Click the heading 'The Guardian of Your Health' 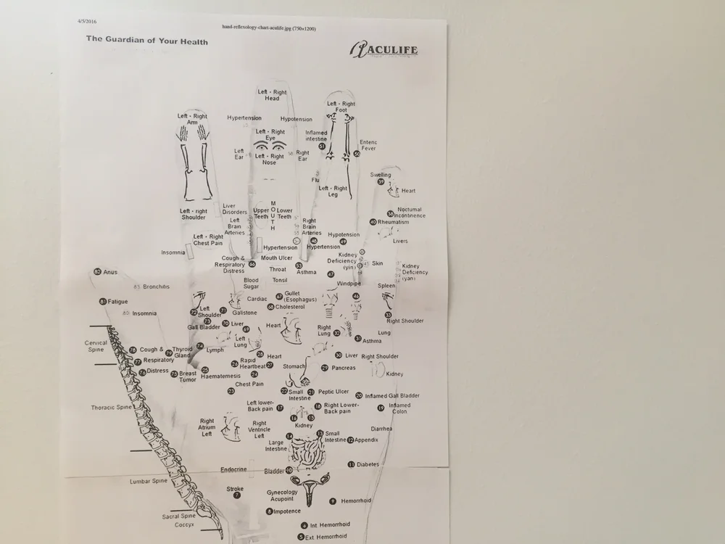pos(147,41)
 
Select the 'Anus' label pos(109,272)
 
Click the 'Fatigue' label pos(117,301)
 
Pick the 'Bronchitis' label pos(156,287)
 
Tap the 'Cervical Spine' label pos(96,346)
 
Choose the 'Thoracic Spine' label pos(111,408)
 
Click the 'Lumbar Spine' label pos(149,481)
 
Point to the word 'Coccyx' pos(183,524)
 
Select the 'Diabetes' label pos(368,464)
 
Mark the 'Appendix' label pos(366,440)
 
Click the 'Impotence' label pos(286,511)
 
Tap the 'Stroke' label pos(235,490)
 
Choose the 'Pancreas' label pos(344,368)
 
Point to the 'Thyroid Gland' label pos(182,353)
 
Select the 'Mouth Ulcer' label pos(276,257)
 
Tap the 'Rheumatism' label pos(394,222)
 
